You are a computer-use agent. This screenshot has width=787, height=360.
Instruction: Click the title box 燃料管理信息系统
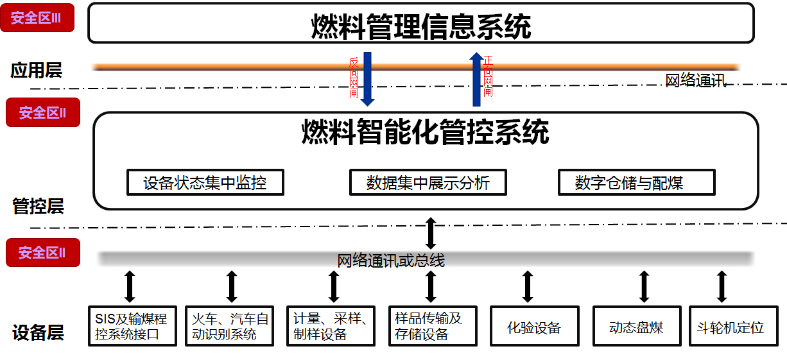click(420, 24)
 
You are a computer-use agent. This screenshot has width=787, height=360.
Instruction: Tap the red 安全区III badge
click(37, 18)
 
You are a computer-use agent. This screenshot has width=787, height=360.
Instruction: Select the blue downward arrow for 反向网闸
click(368, 78)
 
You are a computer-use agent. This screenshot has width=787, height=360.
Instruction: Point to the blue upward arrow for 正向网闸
click(476, 78)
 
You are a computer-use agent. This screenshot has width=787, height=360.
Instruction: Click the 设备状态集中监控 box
click(205, 183)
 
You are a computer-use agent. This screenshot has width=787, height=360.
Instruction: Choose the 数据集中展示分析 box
click(428, 183)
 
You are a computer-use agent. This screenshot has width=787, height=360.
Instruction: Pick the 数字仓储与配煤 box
click(636, 183)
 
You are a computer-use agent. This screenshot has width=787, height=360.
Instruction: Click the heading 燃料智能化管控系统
click(425, 133)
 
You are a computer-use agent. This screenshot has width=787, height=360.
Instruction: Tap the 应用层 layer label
click(36, 71)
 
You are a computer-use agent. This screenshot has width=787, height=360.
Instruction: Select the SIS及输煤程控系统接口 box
click(132, 326)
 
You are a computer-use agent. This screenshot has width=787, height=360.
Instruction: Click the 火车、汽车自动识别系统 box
click(230, 326)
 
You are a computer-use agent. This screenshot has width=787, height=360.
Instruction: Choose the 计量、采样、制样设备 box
click(330, 326)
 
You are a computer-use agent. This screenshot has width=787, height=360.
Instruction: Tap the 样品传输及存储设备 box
click(431, 326)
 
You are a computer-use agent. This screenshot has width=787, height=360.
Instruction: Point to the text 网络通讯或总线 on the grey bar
click(391, 260)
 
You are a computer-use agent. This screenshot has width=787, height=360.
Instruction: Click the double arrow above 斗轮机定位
click(722, 286)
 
